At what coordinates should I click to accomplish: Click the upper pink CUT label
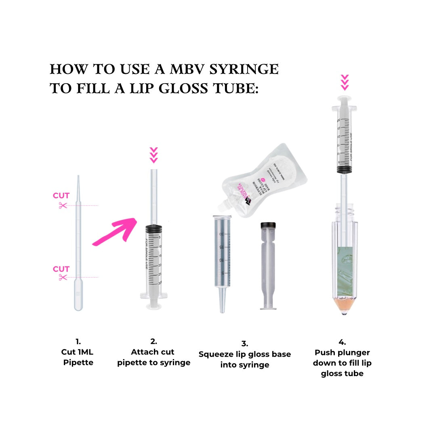click(61, 196)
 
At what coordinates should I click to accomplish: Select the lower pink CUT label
click(61, 269)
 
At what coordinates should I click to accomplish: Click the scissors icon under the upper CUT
click(62, 205)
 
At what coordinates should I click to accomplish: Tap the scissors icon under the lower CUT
click(62, 277)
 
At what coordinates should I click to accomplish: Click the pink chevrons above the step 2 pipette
click(153, 156)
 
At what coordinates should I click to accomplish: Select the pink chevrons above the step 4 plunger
click(345, 82)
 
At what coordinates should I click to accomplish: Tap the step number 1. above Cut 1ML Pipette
click(78, 341)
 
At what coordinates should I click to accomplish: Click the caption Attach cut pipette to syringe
click(153, 357)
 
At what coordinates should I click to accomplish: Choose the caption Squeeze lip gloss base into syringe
click(244, 359)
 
